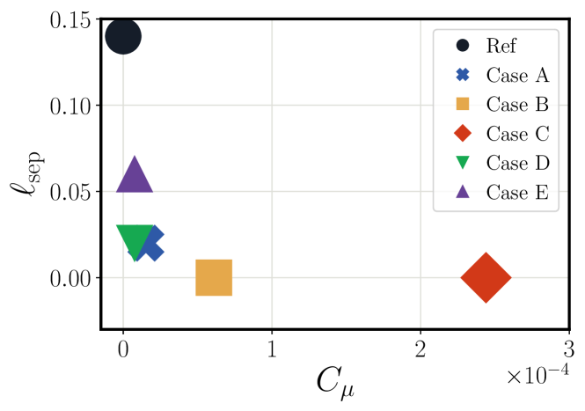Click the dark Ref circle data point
coord(123,36)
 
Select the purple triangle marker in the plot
coord(135,177)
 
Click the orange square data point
coord(214,277)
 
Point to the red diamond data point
coord(486,277)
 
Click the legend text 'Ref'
coord(501,46)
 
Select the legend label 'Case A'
coord(517,75)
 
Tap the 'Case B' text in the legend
coord(517,104)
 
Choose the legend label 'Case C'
coord(517,134)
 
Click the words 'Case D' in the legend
coord(517,163)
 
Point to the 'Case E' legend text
coord(517,192)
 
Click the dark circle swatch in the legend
coord(463,45)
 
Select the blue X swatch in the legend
coord(463,75)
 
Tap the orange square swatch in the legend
coord(463,104)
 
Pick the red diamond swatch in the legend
coord(463,133)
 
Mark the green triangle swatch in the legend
coord(463,163)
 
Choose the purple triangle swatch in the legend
coord(463,191)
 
